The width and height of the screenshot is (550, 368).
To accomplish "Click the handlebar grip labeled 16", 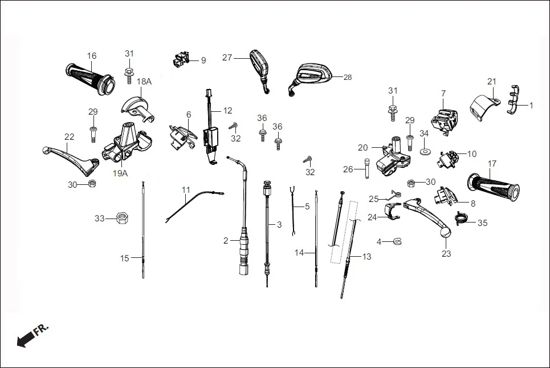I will (x=89, y=77).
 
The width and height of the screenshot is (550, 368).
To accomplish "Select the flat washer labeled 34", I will (x=425, y=152).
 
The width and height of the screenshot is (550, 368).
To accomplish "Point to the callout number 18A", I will (x=144, y=82).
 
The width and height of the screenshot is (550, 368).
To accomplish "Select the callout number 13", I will (x=366, y=257).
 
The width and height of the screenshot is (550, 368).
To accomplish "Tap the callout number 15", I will (x=125, y=258).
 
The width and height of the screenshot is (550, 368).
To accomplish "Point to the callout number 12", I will (x=227, y=110).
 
